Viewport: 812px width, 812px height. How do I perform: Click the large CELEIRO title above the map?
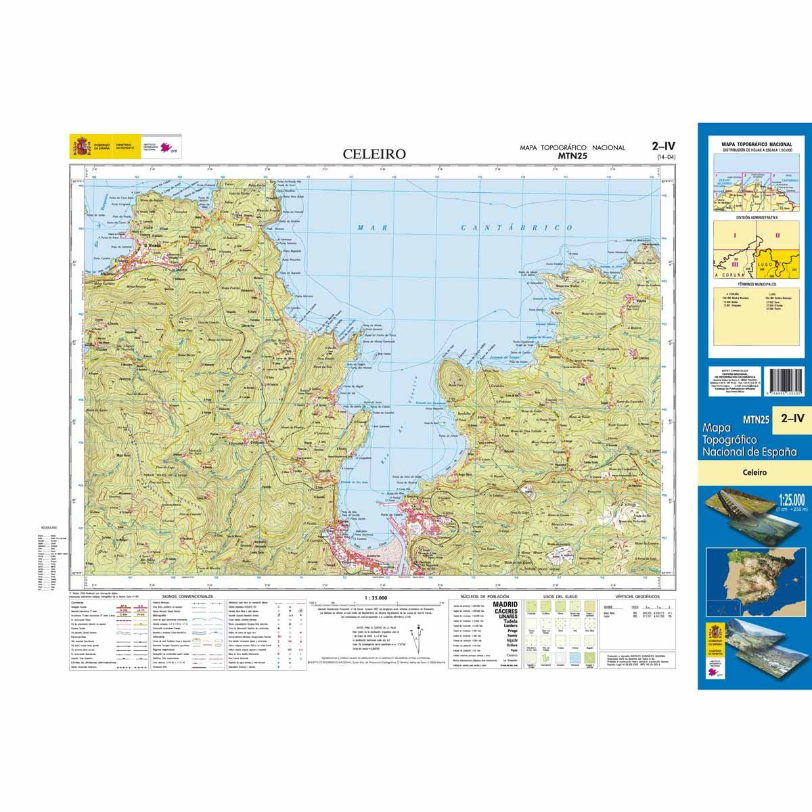coord(374,154)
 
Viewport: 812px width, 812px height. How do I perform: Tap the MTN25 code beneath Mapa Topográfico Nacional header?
coord(572,156)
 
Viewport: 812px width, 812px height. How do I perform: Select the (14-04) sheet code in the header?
coord(666,158)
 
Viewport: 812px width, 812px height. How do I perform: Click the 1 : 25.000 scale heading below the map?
coord(376,597)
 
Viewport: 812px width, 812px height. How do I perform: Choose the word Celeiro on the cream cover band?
coord(753,473)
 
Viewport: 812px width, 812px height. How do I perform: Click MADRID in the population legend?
coord(505,604)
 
